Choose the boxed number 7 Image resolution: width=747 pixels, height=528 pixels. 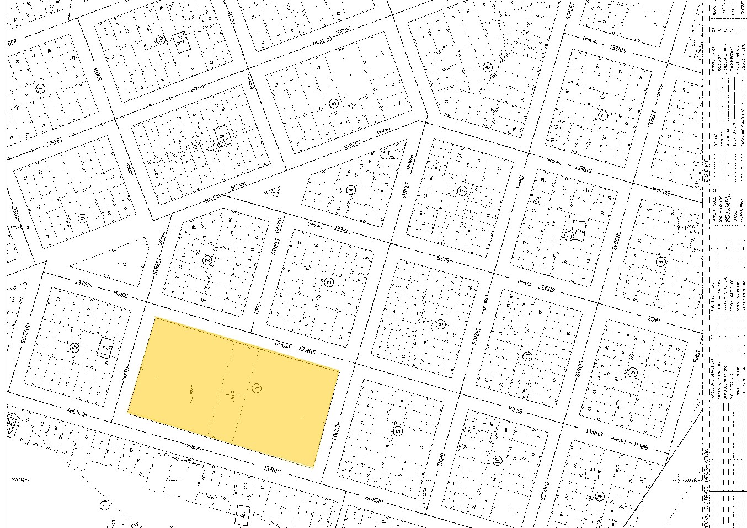(106, 348)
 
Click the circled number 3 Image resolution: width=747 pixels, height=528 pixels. (329, 282)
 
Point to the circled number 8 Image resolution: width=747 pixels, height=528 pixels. (440, 324)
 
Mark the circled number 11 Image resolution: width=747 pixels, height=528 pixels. (527, 357)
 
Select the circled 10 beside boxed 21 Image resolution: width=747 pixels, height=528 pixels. (161, 39)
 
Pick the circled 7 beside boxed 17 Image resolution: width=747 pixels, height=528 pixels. (195, 141)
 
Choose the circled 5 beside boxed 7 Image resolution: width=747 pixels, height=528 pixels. (75, 347)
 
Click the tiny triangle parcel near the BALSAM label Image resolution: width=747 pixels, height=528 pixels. (272, 192)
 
